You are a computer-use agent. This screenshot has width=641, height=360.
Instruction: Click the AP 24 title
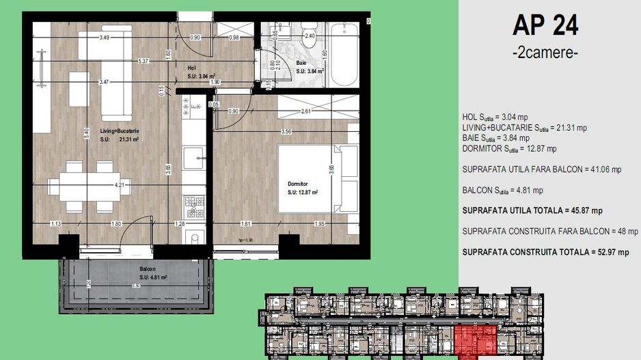click(545, 25)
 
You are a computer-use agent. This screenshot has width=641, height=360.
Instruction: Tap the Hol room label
click(192, 68)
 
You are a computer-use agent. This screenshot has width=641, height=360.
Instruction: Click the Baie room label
click(301, 62)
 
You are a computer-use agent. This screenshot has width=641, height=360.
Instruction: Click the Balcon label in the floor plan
click(148, 270)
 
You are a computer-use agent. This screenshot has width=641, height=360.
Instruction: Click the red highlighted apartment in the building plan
click(474, 340)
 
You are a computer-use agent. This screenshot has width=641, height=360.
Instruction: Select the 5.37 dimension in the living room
click(144, 61)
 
